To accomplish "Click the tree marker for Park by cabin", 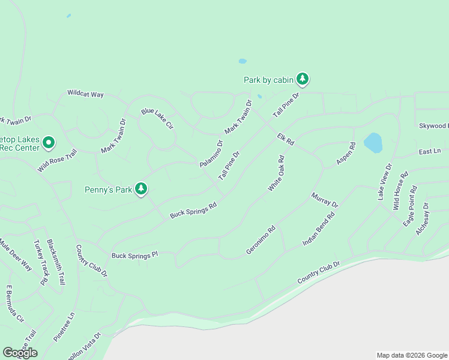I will coord(303,79).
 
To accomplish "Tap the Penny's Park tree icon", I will coord(141,189).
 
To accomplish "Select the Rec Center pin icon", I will coord(49,143).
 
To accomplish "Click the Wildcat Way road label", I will coord(86,94).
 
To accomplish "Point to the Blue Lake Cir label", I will coord(157,119).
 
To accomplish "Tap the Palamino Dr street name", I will coord(211,154).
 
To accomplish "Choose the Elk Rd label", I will coord(286,140).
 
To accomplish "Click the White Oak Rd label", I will coord(276,173).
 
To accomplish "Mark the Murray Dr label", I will coord(325,200).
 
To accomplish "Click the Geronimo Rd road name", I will coord(261,240).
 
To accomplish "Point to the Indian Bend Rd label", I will coord(318,229).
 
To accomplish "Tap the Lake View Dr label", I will coord(384,182).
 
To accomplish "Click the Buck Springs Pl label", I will coord(134,255).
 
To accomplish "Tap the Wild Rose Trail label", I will coord(58,161).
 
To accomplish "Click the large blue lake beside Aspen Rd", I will coord(373,143).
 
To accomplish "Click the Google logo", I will coord(20,353).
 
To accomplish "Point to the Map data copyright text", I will coord(411,355).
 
